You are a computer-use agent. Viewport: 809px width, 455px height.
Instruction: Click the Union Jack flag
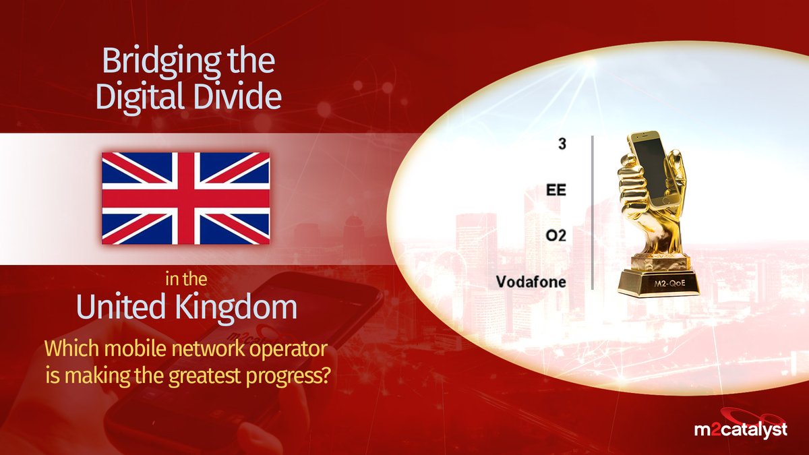pyautogui.click(x=185, y=198)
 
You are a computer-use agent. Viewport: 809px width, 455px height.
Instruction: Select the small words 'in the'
pyautogui.click(x=186, y=280)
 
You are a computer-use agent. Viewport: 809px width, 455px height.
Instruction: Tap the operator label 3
pyautogui.click(x=562, y=144)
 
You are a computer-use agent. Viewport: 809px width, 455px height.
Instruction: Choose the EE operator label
pyautogui.click(x=556, y=190)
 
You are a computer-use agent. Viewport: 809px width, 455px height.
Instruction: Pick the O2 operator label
pyautogui.click(x=556, y=236)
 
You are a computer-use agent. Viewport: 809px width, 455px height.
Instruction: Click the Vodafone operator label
pyautogui.click(x=531, y=282)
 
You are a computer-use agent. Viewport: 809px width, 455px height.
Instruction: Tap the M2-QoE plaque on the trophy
pyautogui.click(x=669, y=284)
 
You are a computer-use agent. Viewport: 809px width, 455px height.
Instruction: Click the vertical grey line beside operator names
pyautogui.click(x=593, y=213)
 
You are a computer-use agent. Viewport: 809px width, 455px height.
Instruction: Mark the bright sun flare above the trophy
pyautogui.click(x=593, y=65)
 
